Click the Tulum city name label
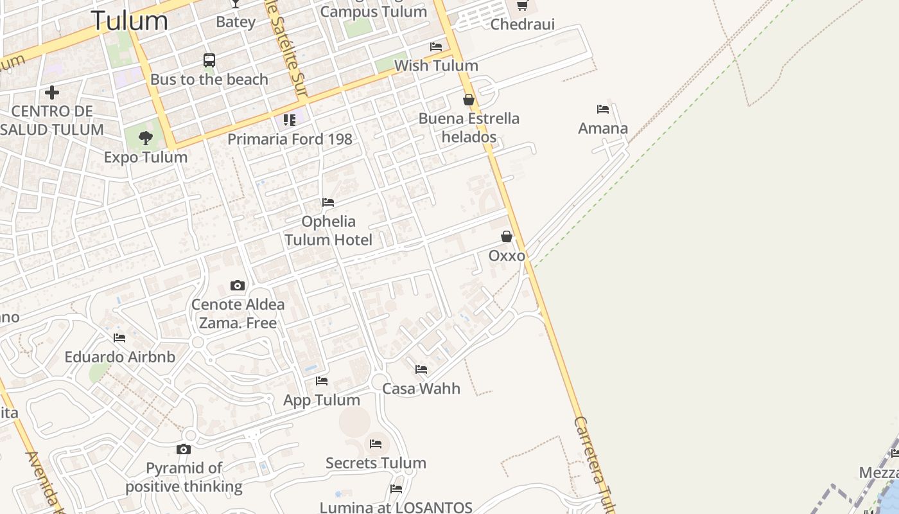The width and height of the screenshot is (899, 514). point(129,21)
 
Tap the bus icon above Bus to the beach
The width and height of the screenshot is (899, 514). point(209,60)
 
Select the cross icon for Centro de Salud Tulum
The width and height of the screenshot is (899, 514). point(52,93)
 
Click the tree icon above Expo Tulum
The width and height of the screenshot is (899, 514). point(146,137)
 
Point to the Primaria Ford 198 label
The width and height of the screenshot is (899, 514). point(290,139)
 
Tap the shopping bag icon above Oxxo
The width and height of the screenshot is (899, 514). point(507,236)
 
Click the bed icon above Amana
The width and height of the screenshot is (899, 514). point(602,109)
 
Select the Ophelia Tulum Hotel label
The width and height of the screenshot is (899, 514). point(328,231)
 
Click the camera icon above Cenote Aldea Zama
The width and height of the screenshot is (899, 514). point(238,285)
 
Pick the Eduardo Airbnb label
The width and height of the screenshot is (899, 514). point(119,357)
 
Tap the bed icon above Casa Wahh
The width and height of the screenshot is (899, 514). point(421,369)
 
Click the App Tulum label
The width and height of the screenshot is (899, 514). point(322,400)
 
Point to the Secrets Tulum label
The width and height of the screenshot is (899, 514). point(376,463)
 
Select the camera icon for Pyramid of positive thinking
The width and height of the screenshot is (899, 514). point(184,449)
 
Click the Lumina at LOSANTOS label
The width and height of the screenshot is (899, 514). point(396,508)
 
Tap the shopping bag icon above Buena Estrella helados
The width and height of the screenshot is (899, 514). point(469,100)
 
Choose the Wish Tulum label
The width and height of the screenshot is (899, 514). point(436,66)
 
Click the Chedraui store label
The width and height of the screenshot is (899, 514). point(522,24)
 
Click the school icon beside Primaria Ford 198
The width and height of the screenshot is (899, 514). point(290,120)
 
